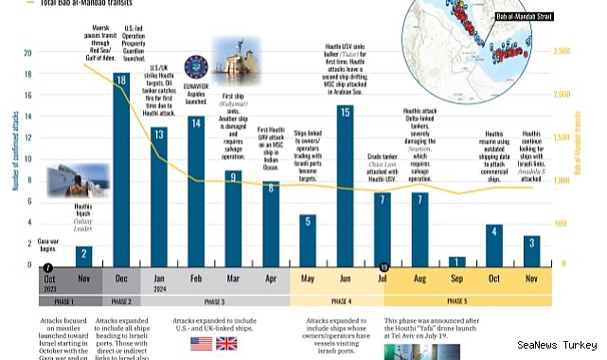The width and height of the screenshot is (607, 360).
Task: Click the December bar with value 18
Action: pos(120,171)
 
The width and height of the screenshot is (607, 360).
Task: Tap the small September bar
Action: pos(457,261)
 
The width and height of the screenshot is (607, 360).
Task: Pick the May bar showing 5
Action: pos(308,241)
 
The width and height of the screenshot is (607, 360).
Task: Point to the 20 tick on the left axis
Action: pos(27,54)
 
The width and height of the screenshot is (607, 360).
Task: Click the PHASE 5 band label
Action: pos(457,301)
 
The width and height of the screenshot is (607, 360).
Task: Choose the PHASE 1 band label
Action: pos(64,301)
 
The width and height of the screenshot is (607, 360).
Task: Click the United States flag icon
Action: pos(202,342)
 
